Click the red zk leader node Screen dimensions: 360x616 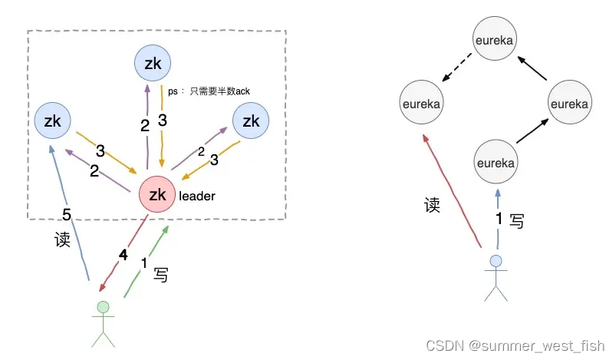pos(158,195)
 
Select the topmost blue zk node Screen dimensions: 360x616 pos(153,64)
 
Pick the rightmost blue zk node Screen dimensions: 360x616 pos(251,121)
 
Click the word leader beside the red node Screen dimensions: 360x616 pos(197,197)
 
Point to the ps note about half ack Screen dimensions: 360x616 pos(209,91)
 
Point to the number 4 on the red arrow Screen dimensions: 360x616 pos(124,255)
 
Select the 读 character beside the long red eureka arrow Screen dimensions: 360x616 pos(433,205)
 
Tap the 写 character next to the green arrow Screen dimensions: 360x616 pos(161,274)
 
